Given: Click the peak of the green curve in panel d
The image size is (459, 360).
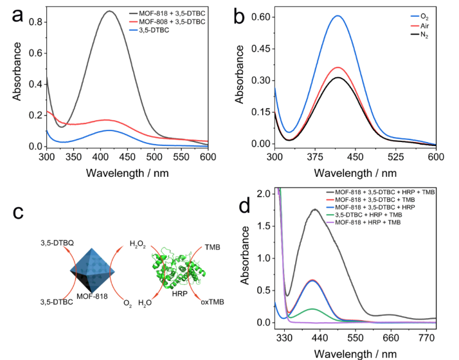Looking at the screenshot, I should (x=313, y=309).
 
